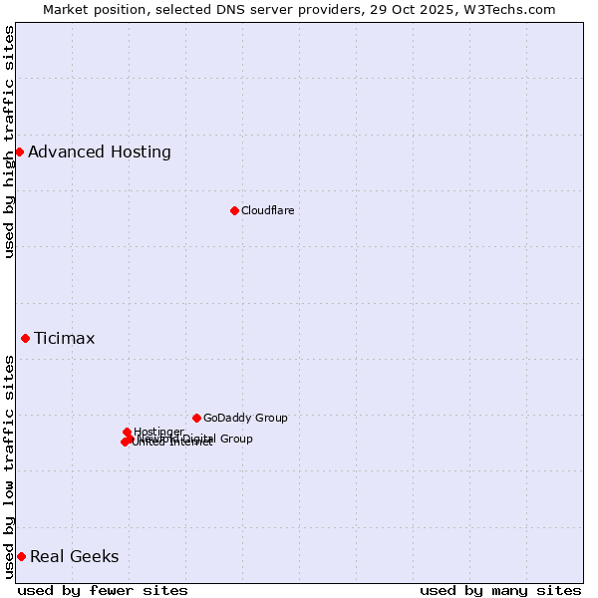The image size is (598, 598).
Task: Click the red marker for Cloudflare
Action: click(x=234, y=210)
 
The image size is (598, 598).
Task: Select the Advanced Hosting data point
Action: click(x=19, y=151)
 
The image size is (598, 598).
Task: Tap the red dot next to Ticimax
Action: click(x=25, y=338)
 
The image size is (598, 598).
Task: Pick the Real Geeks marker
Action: click(x=21, y=556)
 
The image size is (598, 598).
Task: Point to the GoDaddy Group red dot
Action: click(x=196, y=418)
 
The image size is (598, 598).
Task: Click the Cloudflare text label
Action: click(x=267, y=210)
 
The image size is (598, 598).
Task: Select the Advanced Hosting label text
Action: click(x=100, y=151)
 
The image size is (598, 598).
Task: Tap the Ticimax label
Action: click(x=65, y=338)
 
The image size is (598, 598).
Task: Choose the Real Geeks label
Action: click(x=75, y=556)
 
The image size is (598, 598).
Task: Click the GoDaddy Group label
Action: click(x=245, y=418)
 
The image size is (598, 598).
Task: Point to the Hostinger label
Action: click(x=158, y=431)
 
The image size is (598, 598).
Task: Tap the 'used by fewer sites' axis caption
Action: click(x=103, y=590)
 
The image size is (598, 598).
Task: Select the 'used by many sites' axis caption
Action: click(x=500, y=590)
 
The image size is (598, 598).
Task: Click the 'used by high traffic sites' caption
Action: click(x=9, y=142)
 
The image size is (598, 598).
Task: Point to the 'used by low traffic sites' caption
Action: click(x=9, y=466)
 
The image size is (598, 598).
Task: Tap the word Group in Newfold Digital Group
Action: click(x=235, y=439)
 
